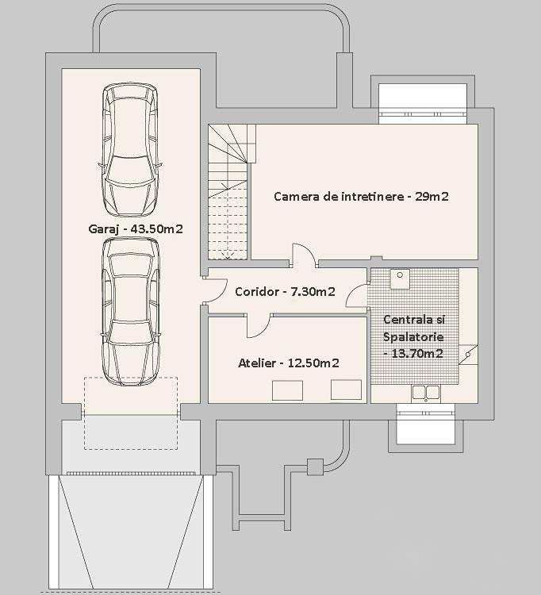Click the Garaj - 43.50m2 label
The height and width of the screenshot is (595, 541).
[136, 229]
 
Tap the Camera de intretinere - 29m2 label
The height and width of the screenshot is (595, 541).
[361, 197]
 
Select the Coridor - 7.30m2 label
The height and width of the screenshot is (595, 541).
[285, 292]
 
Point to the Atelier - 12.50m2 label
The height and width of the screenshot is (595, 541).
[288, 363]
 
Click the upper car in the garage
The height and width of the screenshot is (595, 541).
[130, 150]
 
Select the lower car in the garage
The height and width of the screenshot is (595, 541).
[131, 312]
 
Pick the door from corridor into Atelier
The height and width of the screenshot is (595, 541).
[258, 325]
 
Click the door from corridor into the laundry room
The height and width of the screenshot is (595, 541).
[357, 296]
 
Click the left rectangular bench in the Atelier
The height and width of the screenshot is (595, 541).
[287, 390]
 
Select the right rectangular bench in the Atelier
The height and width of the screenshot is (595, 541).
[346, 390]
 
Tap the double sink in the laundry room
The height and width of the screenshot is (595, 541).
[426, 393]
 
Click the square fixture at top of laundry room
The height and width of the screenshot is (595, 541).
[400, 279]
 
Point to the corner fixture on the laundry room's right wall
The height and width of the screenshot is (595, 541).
[468, 355]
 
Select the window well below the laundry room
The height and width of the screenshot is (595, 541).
[425, 428]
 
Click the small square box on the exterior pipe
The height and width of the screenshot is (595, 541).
[315, 466]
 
